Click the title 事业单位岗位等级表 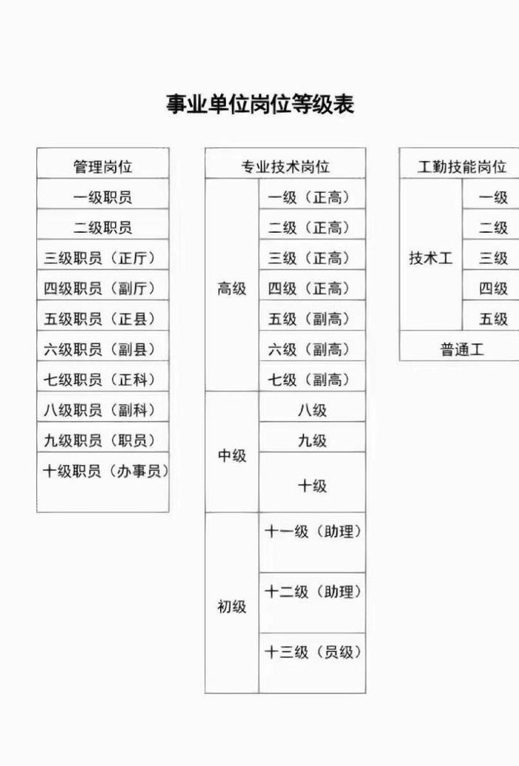259,104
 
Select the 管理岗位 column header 103,167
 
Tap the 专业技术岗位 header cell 285,167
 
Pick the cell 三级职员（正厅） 103,258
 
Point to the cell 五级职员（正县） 103,319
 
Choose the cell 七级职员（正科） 103,380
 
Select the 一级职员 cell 103,197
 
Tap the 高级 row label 232,288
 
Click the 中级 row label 232,456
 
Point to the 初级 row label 232,607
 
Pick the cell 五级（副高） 312,319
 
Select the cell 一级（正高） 312,197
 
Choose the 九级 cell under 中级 312,440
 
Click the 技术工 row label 431,258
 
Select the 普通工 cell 462,349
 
